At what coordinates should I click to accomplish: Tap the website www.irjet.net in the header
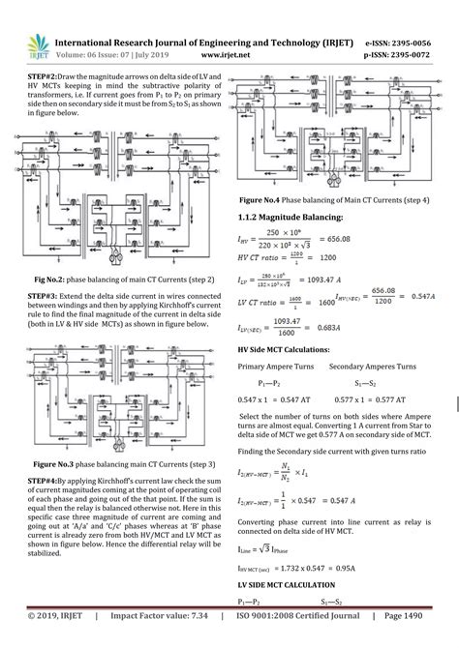pos(218,54)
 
